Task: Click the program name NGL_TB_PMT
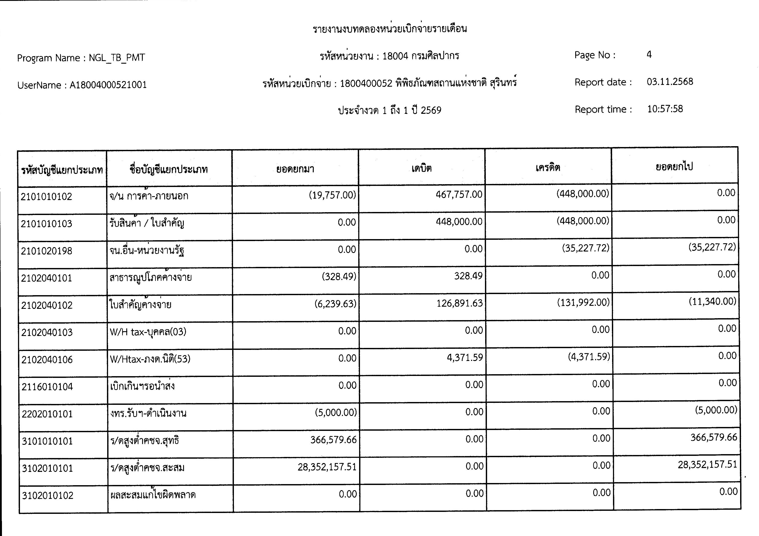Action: pos(117,58)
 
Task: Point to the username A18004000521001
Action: pos(108,85)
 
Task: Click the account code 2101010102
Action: pos(46,197)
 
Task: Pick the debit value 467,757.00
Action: pos(459,195)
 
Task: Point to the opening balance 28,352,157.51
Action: pos(327,467)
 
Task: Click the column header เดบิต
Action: pos(421,168)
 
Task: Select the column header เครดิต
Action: pos(548,168)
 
